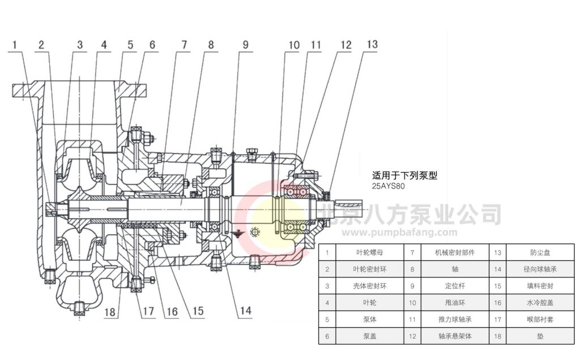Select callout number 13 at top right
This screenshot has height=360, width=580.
[x=372, y=44]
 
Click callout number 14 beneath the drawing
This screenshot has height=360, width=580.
[x=245, y=310]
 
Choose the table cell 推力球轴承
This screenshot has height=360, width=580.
[x=454, y=319]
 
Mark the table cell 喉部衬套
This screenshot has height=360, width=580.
[x=540, y=319]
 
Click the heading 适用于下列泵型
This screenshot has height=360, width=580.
[x=404, y=176]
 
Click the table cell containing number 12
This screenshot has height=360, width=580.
[x=412, y=336]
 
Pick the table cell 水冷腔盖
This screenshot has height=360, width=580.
[x=540, y=303]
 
